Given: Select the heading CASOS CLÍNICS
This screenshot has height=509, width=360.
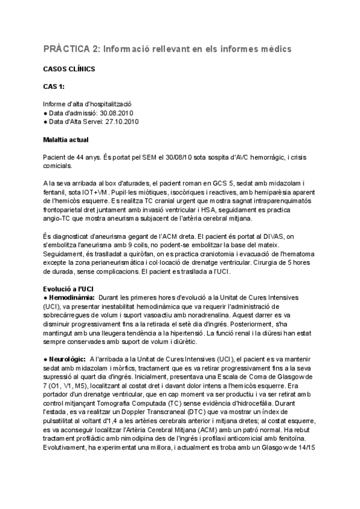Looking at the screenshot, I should [69, 69].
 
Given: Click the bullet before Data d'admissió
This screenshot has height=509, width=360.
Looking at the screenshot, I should [46, 112].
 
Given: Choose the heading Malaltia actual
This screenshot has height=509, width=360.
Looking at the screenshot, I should [66, 140].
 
